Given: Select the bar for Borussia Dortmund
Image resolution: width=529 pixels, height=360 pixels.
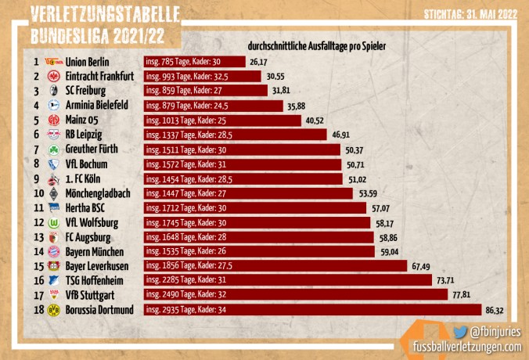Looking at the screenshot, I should pyautogui.click(x=312, y=311).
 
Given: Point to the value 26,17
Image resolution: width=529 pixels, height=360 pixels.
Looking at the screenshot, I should pyautogui.click(x=259, y=62).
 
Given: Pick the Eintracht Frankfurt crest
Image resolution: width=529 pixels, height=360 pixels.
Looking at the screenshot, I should pyautogui.click(x=54, y=77).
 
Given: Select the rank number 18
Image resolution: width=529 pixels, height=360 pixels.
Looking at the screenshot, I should pyautogui.click(x=36, y=311).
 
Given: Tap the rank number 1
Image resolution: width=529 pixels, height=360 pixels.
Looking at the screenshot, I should pyautogui.click(x=36, y=62).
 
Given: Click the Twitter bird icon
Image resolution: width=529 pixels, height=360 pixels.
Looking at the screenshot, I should pyautogui.click(x=460, y=332).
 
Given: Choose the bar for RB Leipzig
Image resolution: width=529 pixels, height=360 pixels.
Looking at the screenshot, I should pyautogui.click(x=236, y=135).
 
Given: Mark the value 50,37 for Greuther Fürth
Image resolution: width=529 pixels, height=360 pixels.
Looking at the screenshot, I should pyautogui.click(x=357, y=149).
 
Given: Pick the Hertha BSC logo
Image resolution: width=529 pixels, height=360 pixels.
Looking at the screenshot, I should pyautogui.click(x=54, y=208).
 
